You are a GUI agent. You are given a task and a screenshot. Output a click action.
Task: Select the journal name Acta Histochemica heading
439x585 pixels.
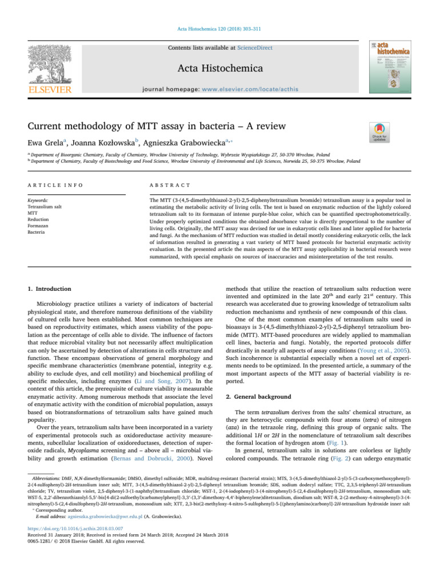[219, 69]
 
